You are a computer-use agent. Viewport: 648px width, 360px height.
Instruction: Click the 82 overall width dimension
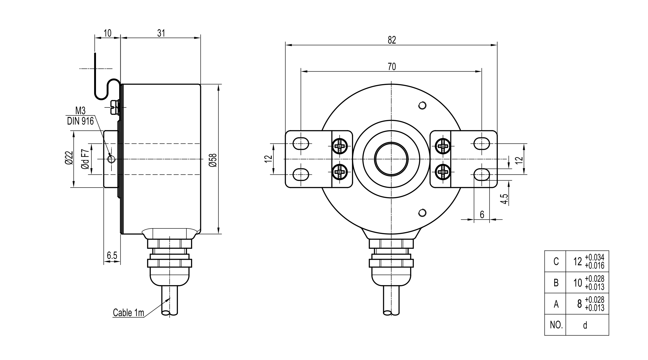(x=392, y=40)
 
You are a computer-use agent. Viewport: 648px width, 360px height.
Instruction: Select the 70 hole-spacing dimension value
(x=392, y=66)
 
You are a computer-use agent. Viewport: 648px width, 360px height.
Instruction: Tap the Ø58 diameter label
(x=213, y=160)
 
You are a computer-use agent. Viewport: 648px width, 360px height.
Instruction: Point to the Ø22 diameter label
(x=69, y=158)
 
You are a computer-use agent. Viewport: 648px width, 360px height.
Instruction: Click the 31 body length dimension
(x=161, y=33)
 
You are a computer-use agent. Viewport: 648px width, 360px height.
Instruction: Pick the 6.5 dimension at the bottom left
(x=112, y=256)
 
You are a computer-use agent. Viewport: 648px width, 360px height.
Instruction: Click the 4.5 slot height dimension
(x=505, y=199)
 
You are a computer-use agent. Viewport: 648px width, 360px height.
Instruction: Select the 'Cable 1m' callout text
(x=128, y=313)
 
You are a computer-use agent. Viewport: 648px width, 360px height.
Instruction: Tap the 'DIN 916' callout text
(x=80, y=122)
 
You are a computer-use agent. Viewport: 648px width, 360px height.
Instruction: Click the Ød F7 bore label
(x=85, y=159)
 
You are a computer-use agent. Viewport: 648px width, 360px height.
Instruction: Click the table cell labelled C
(x=556, y=261)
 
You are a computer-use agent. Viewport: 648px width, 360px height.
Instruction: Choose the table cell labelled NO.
(x=556, y=325)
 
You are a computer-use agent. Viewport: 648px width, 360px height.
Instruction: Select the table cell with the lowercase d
(x=585, y=325)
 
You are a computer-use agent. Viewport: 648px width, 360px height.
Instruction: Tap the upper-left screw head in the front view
(x=340, y=146)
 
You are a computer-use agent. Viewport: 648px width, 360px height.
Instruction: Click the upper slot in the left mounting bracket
(x=301, y=143)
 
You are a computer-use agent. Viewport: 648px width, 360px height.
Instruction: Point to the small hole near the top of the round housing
(x=422, y=105)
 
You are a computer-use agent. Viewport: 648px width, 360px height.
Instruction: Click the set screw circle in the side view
(x=111, y=159)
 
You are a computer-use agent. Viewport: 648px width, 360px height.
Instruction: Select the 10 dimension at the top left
(x=108, y=33)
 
